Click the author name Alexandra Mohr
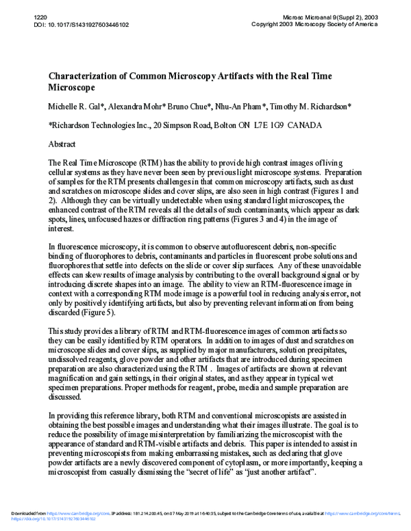coord(132,108)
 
